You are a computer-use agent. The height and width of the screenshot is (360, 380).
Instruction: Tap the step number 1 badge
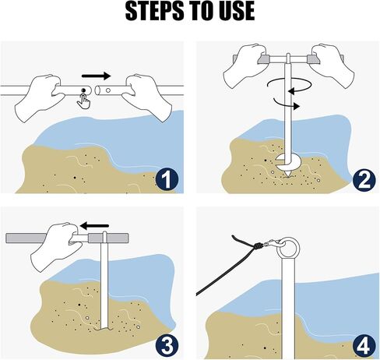(167, 180)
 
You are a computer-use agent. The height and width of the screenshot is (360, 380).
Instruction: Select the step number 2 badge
(364, 180)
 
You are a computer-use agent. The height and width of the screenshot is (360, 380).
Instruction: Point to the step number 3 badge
(167, 346)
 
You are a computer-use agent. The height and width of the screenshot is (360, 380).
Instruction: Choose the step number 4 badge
(364, 346)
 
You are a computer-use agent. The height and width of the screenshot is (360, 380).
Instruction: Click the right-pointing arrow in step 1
(97, 76)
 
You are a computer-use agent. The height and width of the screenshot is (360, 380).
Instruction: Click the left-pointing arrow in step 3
(94, 226)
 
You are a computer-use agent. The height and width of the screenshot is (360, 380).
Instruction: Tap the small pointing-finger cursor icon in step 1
(84, 101)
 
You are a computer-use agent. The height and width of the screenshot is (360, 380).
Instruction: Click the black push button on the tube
(83, 90)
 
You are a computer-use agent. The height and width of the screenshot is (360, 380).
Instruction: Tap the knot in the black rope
(259, 245)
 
